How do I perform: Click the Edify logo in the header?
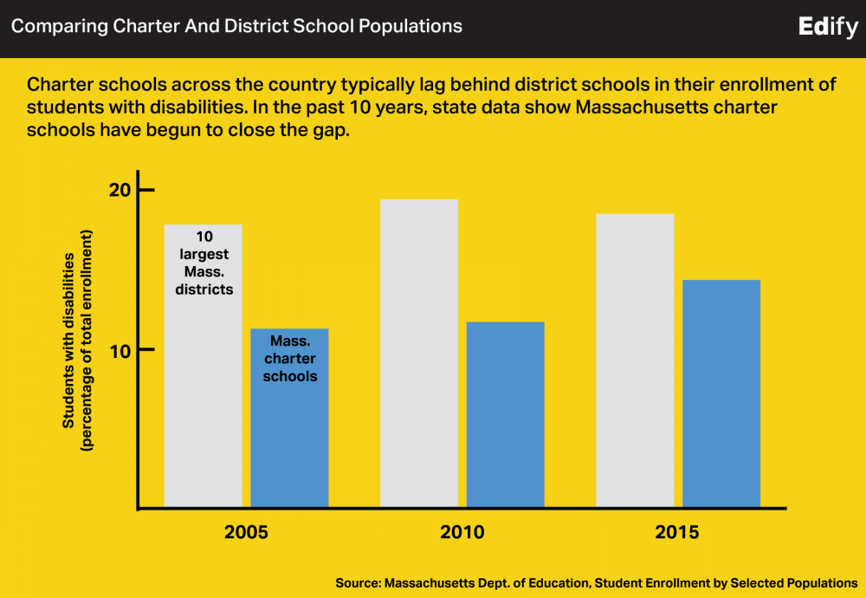pyautogui.click(x=829, y=26)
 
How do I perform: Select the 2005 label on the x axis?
pyautogui.click(x=246, y=531)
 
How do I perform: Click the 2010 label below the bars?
pyautogui.click(x=462, y=531)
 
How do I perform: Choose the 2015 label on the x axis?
pyautogui.click(x=677, y=531)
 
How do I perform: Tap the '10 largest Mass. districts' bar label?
pyautogui.click(x=204, y=263)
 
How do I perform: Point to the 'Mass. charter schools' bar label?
pyautogui.click(x=290, y=359)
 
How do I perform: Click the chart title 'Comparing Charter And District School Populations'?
pyautogui.click(x=236, y=26)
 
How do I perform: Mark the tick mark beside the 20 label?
pyautogui.click(x=145, y=190)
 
